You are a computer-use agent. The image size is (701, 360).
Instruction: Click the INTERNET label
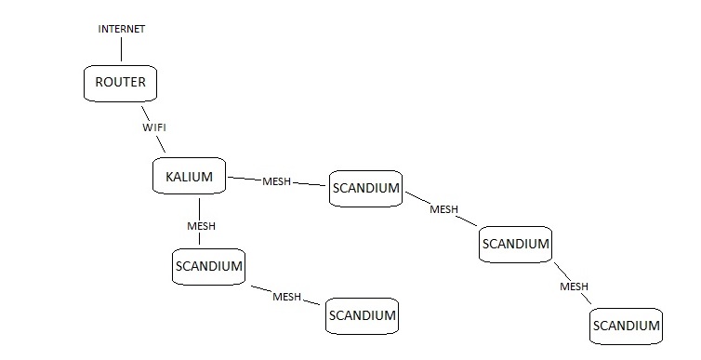point(122,29)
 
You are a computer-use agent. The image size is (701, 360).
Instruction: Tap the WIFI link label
point(154,127)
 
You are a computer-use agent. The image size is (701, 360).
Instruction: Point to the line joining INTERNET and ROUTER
point(121,49)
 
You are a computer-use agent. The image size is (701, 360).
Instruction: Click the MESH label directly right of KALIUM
point(277,181)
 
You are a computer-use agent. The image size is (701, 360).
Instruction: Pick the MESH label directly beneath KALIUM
point(201,226)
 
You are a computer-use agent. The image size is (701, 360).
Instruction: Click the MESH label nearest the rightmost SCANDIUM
point(574,287)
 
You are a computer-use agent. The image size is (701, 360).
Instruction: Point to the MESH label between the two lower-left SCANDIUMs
point(286,297)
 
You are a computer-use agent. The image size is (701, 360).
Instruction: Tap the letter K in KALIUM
point(169,177)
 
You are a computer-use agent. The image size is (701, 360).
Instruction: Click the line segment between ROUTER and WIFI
point(145,113)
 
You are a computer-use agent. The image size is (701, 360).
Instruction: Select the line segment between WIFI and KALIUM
point(161,143)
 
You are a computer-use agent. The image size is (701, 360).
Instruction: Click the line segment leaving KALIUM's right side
point(245,179)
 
